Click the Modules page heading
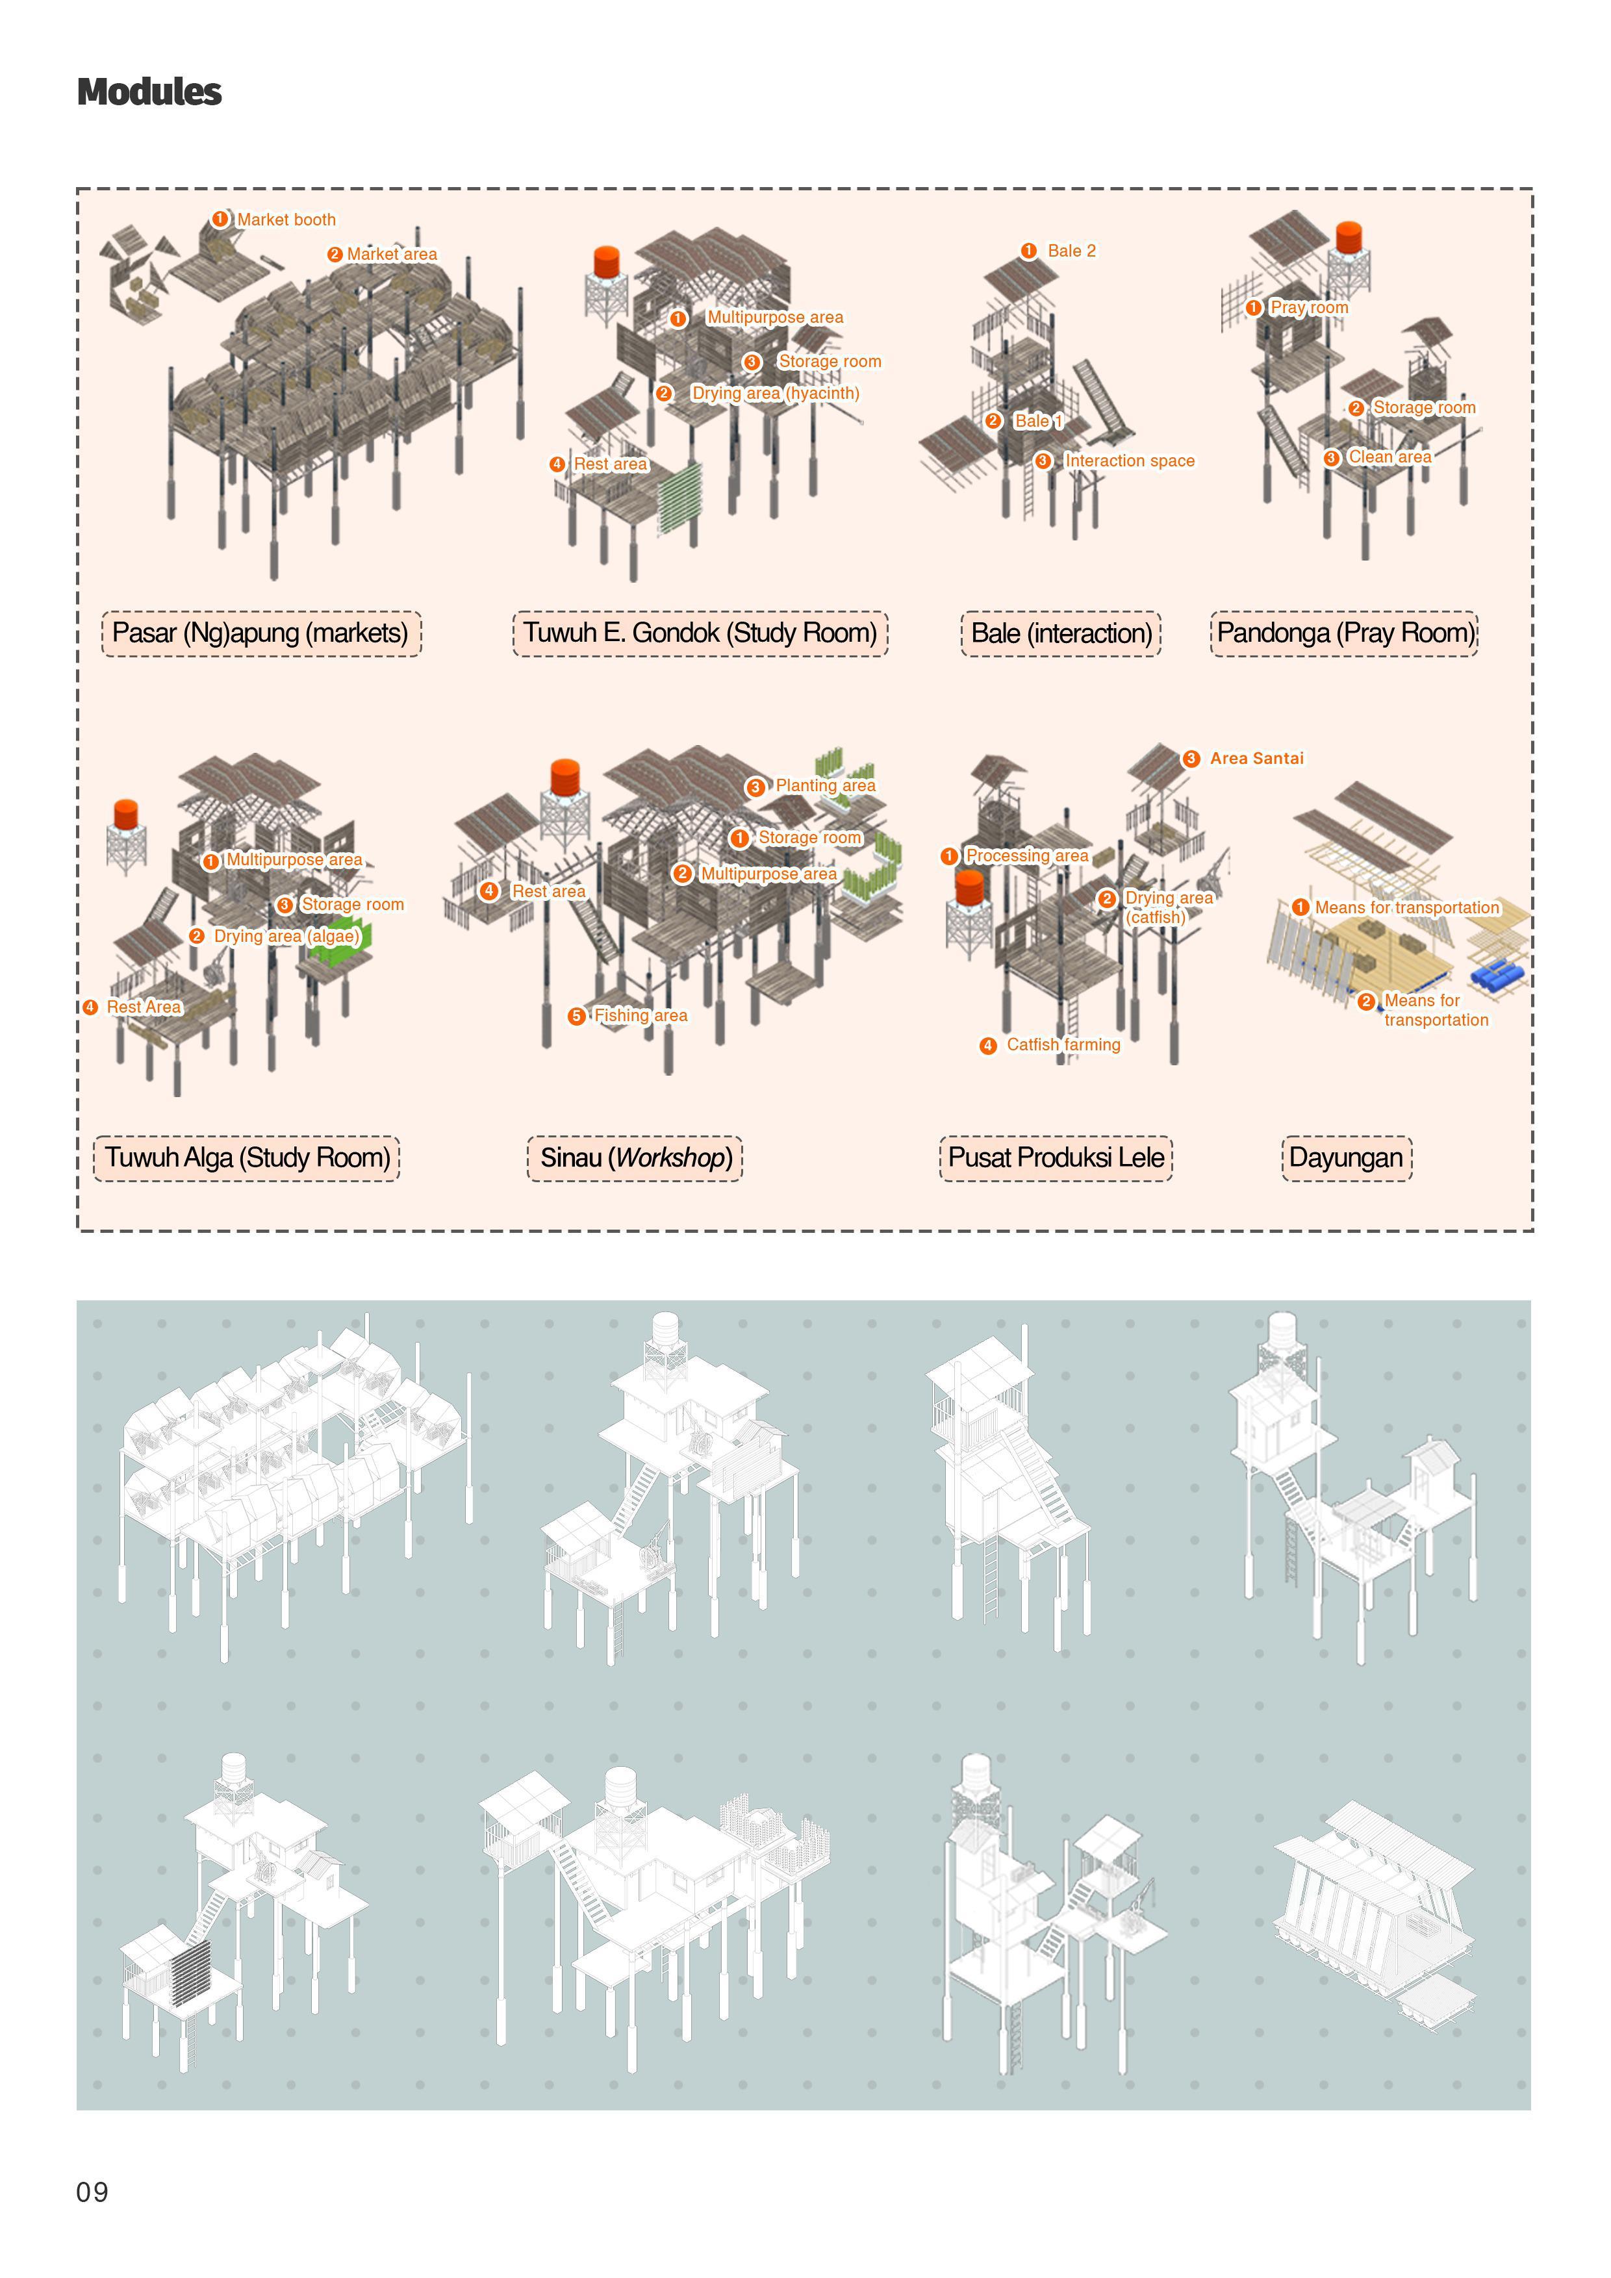point(149,92)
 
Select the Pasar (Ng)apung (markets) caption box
point(261,633)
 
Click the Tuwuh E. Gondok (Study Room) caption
point(700,633)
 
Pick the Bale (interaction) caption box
point(1060,633)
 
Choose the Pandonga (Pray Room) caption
point(1344,633)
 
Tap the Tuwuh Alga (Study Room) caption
point(247,1158)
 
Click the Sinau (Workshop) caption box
point(635,1158)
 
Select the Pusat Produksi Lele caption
point(1056,1158)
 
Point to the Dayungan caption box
point(1346,1158)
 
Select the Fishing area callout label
point(628,1015)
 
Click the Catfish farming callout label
point(1050,1044)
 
